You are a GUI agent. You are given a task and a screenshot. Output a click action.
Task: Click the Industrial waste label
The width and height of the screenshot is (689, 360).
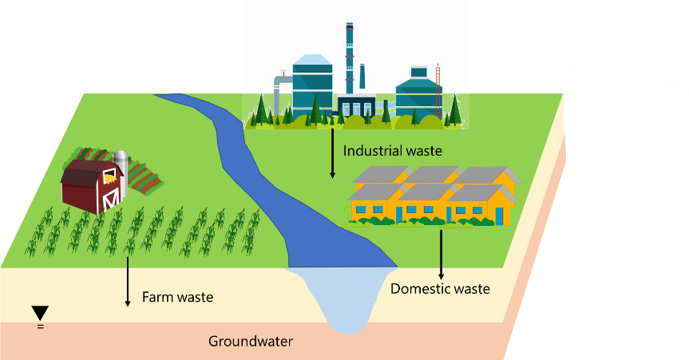coord(392,150)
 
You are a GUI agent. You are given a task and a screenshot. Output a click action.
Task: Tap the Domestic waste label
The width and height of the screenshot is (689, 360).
coord(440,288)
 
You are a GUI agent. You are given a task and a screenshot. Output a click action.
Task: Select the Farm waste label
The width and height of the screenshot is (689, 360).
coord(177,298)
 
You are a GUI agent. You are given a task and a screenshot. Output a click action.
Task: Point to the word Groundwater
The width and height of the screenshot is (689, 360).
coord(251,342)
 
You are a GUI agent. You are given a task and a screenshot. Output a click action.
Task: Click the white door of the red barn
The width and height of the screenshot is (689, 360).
coord(111,196)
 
